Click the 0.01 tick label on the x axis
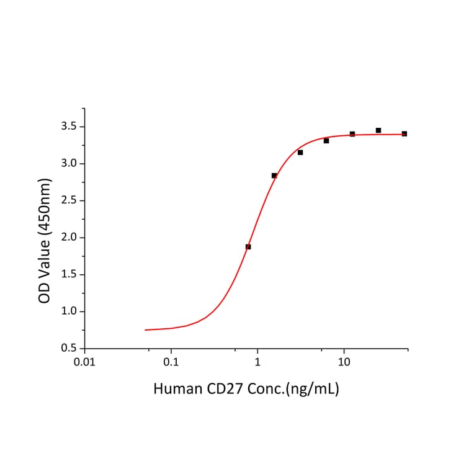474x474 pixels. (84, 362)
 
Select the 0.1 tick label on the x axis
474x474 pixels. (171, 362)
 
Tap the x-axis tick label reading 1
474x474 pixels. (257, 362)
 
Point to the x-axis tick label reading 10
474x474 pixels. (343, 362)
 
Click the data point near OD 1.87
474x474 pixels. (248, 247)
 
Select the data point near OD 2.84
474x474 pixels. (274, 176)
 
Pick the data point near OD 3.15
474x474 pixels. (300, 152)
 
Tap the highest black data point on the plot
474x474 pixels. (378, 130)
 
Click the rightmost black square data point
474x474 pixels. (405, 133)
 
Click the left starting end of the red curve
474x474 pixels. (146, 330)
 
